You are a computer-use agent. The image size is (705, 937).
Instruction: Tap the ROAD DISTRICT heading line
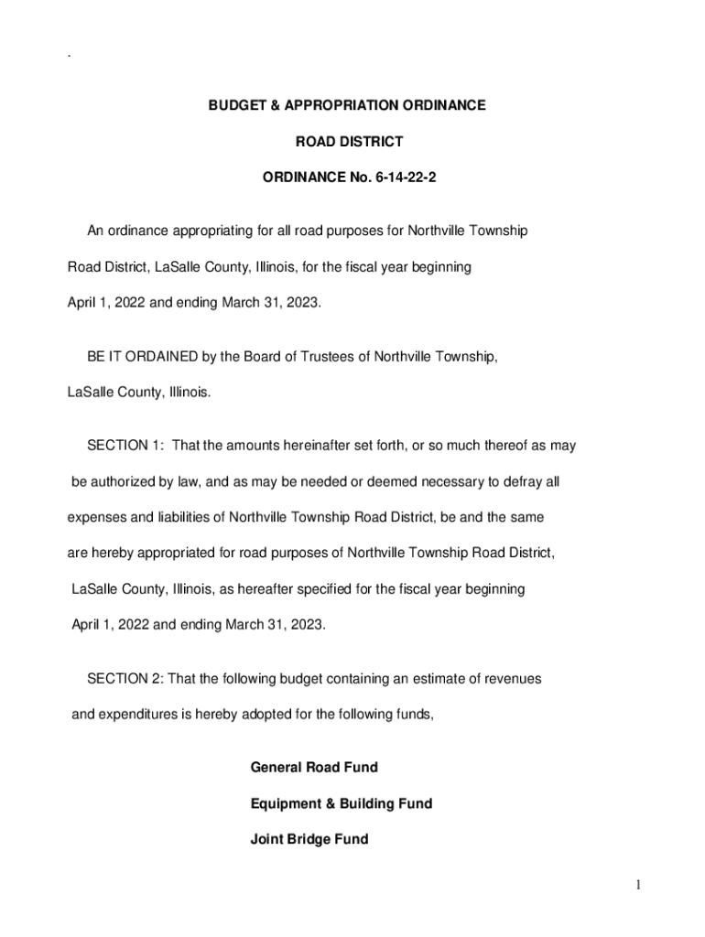(348, 142)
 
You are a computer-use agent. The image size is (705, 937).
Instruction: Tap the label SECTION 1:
(125, 446)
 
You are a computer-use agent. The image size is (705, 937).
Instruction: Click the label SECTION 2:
(125, 679)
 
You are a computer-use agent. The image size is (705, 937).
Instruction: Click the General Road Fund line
(314, 768)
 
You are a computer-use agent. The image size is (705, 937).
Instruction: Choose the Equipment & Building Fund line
(341, 803)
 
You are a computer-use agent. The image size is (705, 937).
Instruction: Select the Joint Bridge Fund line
(309, 839)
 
